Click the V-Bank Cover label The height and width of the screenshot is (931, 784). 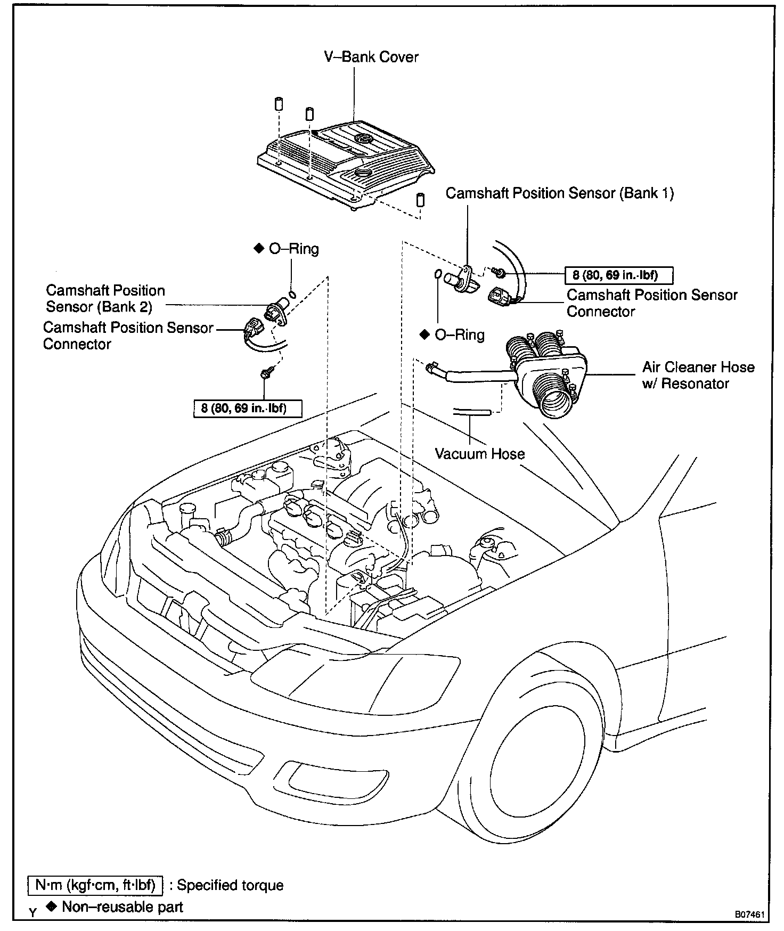click(x=371, y=57)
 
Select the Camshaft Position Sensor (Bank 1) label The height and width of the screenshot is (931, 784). click(x=559, y=193)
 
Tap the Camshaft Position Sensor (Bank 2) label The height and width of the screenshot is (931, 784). click(x=105, y=298)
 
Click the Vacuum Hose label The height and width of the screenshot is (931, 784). click(x=479, y=454)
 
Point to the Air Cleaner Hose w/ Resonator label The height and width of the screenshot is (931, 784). click(x=698, y=375)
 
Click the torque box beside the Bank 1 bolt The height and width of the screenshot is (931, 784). click(x=618, y=275)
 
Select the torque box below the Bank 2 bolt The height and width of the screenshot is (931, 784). click(x=248, y=409)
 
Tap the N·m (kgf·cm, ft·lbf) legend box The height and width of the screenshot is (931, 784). click(x=95, y=885)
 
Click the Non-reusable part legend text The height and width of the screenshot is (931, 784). click(x=122, y=907)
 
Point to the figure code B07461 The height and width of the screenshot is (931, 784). click(x=750, y=914)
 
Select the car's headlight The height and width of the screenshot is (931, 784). click(x=352, y=674)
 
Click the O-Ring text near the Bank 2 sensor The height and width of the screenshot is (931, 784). click(x=293, y=249)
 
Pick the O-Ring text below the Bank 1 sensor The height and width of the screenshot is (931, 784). click(x=459, y=335)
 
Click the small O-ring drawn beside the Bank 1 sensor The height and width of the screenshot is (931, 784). click(x=437, y=274)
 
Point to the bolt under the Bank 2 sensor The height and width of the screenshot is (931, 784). click(x=265, y=374)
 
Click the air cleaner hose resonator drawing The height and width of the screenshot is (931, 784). click(x=549, y=373)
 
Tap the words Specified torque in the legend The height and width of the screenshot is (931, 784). click(x=230, y=885)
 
